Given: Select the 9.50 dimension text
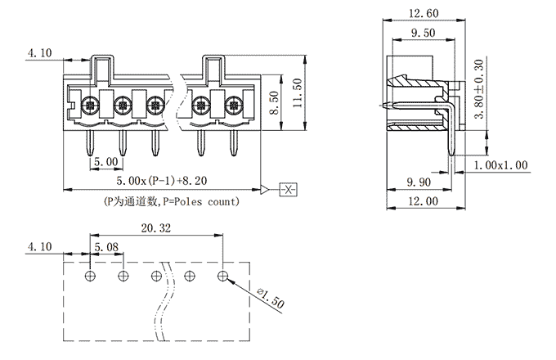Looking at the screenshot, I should coord(422,34).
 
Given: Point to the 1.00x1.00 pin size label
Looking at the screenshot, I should coord(501,165).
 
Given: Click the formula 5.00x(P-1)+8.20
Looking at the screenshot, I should coord(153,180).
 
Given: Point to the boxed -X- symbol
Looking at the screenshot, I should coord(289,189).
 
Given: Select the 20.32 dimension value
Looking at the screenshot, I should coord(155,229).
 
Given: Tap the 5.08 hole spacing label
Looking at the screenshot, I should coord(108,246).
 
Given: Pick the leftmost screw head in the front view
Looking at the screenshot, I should coord(91,105).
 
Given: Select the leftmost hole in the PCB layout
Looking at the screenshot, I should coord(91,275).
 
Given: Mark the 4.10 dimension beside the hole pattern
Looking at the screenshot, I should coord(39,246).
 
